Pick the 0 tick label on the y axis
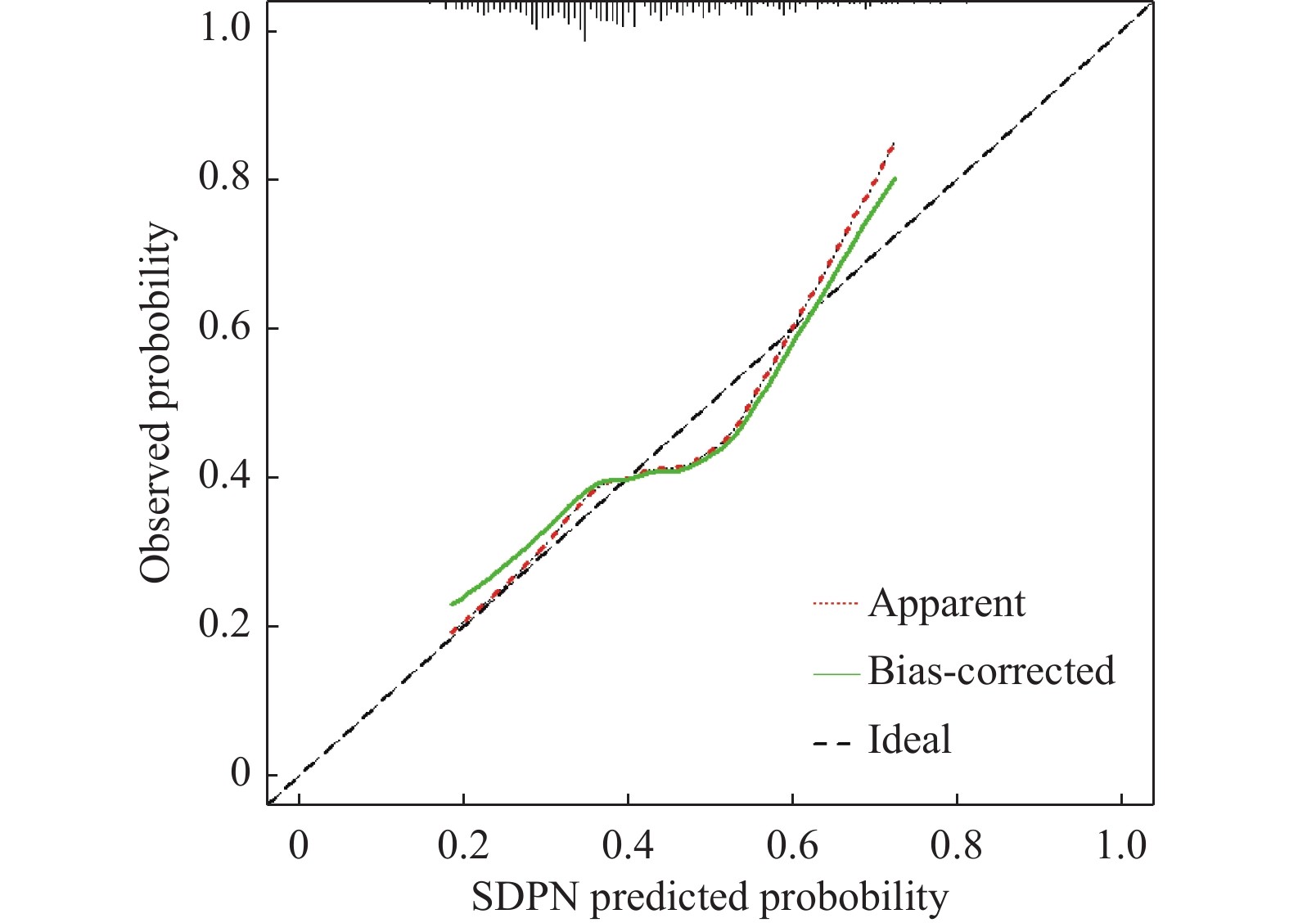(x=241, y=772)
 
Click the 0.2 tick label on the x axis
(x=463, y=845)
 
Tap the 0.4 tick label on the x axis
(x=628, y=845)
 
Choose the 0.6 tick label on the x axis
(x=792, y=845)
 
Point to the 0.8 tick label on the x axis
(x=957, y=845)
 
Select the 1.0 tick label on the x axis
(x=1121, y=845)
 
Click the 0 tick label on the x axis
(x=299, y=845)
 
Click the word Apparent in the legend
(x=946, y=604)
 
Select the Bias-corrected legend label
(x=991, y=671)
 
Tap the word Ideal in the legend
(x=909, y=740)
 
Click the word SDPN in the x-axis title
(x=525, y=897)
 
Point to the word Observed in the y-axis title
(x=155, y=508)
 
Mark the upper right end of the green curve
(x=895, y=178)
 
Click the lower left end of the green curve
(x=452, y=604)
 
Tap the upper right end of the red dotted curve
(x=893, y=145)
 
